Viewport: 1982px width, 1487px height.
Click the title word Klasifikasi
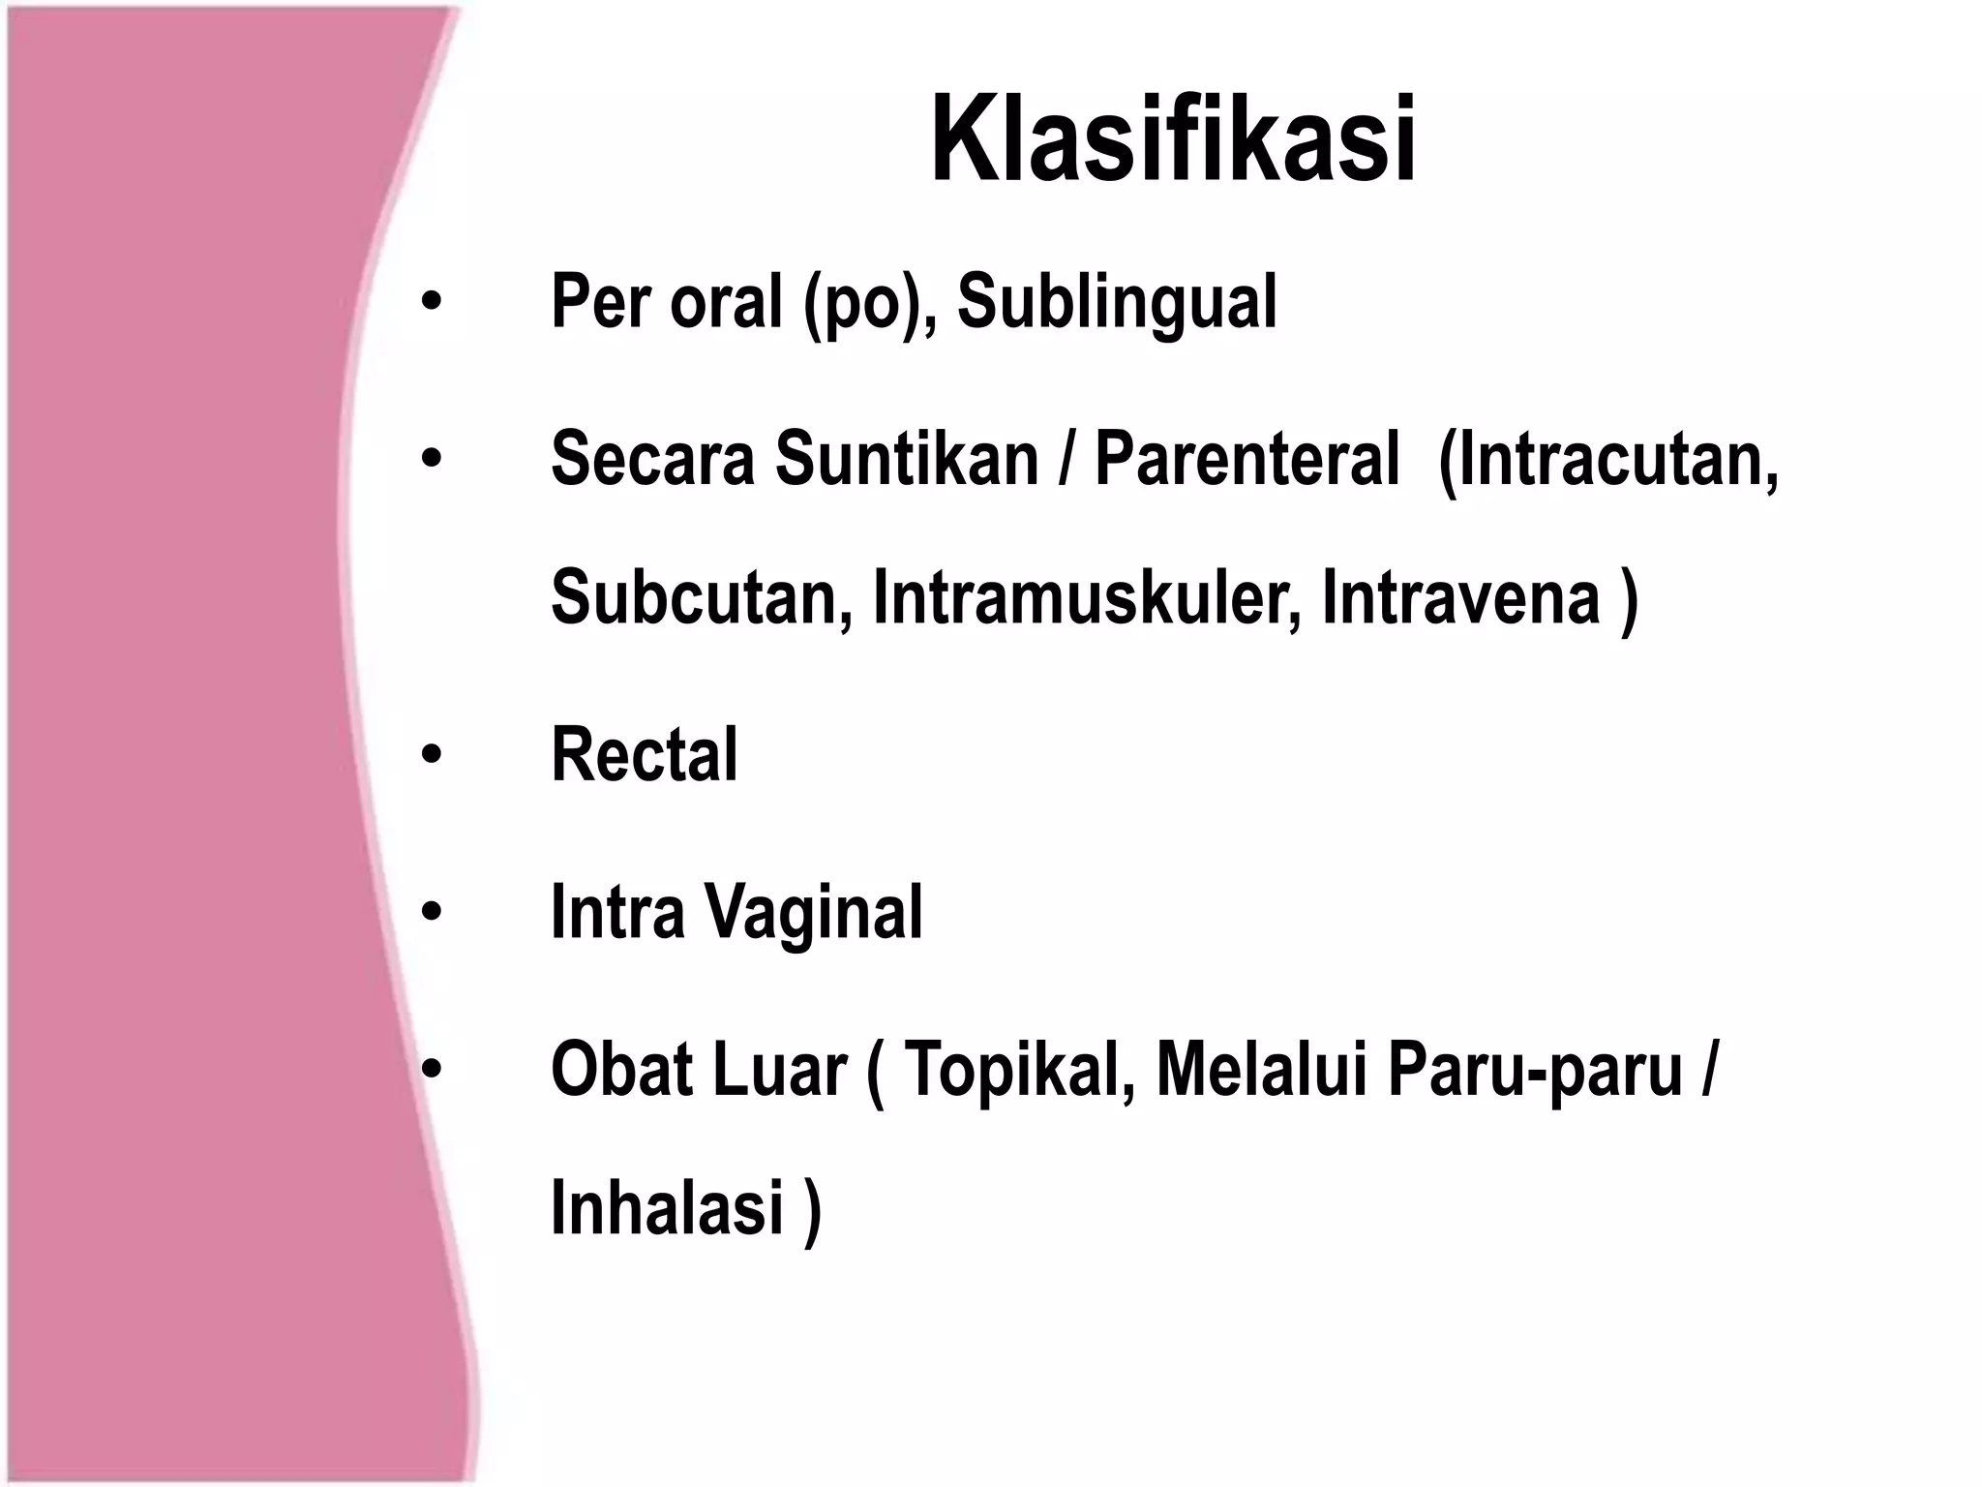(x=1173, y=139)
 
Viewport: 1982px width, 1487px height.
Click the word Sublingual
(x=1117, y=302)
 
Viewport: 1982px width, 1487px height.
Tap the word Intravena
(x=1460, y=597)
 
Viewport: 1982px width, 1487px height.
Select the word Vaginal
(x=813, y=912)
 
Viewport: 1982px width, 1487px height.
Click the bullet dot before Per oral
(x=432, y=303)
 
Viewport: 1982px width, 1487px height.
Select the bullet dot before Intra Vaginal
(x=432, y=912)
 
